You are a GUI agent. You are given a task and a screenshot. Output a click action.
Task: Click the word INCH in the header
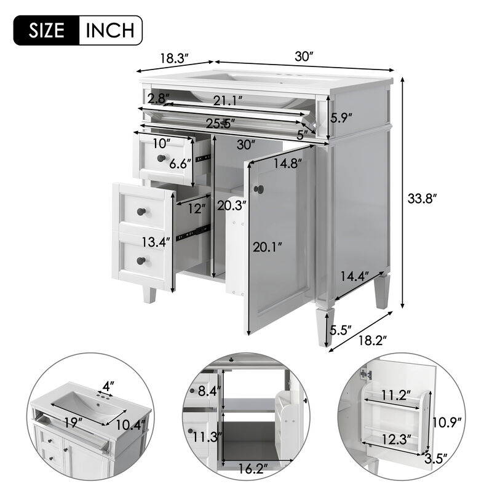(111, 29)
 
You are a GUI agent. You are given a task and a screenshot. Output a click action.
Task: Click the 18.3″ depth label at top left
(173, 59)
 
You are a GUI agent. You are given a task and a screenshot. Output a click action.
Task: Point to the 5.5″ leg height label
(340, 330)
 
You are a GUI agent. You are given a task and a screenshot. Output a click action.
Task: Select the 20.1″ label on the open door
(268, 247)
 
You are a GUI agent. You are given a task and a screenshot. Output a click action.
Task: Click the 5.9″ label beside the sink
(340, 117)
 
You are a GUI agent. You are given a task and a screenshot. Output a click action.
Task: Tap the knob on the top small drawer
(162, 159)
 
